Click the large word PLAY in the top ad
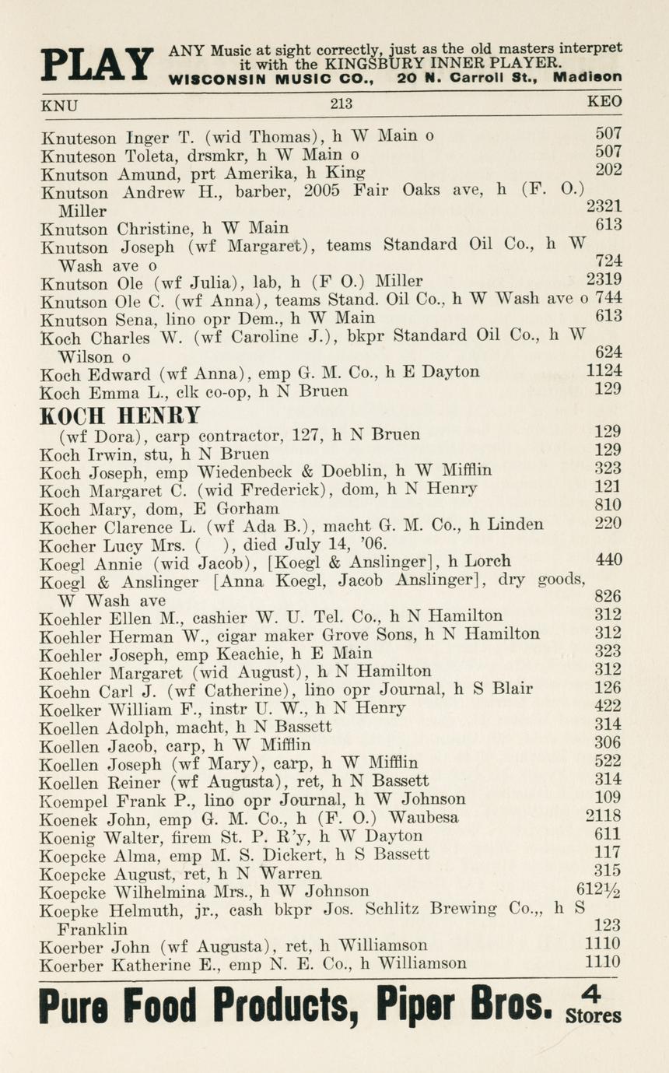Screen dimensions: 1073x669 (96, 65)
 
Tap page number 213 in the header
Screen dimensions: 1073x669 (342, 103)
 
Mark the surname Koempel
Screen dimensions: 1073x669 (74, 799)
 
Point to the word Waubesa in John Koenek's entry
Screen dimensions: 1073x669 (423, 818)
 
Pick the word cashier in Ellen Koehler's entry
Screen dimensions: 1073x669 (208, 616)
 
